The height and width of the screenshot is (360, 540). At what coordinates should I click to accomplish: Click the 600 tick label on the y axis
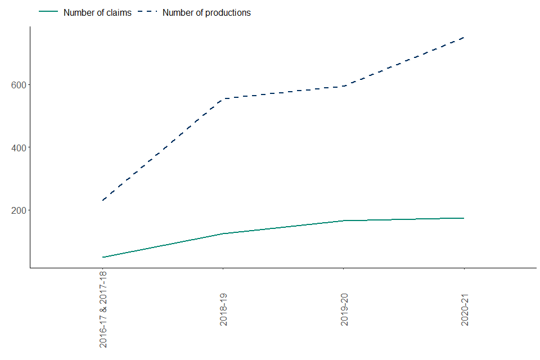point(19,85)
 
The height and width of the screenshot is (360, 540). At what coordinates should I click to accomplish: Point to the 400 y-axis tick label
point(19,147)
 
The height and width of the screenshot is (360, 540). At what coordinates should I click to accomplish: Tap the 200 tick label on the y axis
point(19,210)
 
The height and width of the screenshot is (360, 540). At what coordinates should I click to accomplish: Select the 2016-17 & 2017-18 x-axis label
point(103,310)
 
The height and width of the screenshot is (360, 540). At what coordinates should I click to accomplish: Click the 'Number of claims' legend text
point(97,12)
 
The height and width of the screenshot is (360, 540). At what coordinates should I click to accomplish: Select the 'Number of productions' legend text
point(206,12)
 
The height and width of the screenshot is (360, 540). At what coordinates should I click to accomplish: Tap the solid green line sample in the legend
point(49,12)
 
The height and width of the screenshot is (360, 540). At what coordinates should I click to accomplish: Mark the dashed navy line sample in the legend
point(147,12)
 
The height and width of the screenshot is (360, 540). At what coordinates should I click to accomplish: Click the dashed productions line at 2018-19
point(223,98)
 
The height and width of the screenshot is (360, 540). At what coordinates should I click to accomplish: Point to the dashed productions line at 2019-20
point(344,86)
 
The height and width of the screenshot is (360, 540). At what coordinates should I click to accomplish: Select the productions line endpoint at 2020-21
point(464,37)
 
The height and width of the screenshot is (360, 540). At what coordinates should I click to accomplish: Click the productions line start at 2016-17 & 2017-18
point(103,200)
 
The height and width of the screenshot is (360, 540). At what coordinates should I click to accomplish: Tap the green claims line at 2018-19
point(223,233)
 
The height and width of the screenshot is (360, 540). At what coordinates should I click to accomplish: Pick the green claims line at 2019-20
point(344,220)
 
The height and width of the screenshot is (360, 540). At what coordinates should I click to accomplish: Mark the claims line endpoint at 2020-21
point(464,218)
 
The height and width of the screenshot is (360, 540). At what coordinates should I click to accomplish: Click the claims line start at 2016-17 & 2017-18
point(103,257)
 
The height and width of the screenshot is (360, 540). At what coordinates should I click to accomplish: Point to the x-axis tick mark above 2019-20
point(344,270)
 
